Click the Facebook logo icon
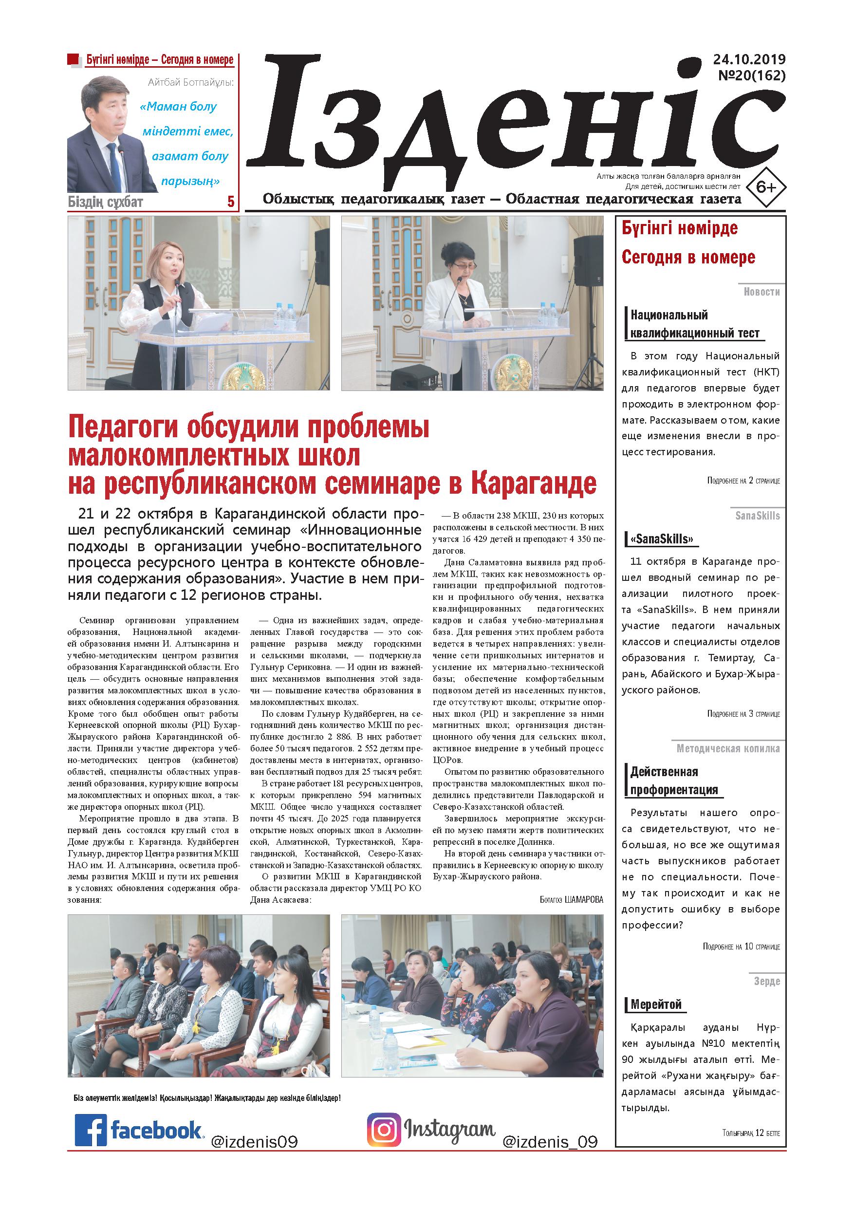tap(91, 1130)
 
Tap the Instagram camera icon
tap(384, 1129)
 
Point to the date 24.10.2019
tap(749, 59)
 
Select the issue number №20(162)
tap(751, 76)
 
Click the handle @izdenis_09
tap(550, 1142)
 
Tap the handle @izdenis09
tap(254, 1142)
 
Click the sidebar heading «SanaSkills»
tap(661, 539)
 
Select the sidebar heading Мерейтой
tap(656, 1004)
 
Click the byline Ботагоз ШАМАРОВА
tap(571, 899)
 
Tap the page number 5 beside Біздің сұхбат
tap(230, 202)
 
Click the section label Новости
tap(761, 292)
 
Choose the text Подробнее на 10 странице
tap(741, 947)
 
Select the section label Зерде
tap(767, 981)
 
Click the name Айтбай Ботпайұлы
tap(190, 83)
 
